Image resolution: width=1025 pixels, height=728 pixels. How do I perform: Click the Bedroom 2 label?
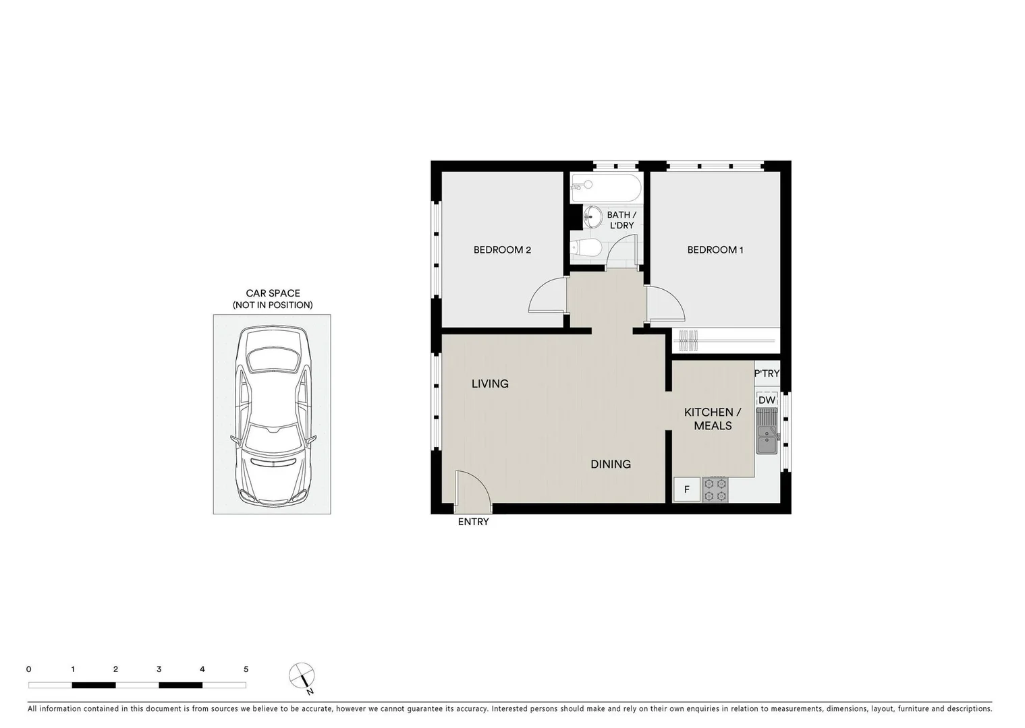tap(502, 250)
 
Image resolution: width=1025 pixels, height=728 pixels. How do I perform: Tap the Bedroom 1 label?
tap(715, 250)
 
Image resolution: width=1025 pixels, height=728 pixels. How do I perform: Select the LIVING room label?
tap(490, 384)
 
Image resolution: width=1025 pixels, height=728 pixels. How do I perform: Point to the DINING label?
tap(610, 464)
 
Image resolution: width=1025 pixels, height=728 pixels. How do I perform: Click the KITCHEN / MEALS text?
tap(713, 419)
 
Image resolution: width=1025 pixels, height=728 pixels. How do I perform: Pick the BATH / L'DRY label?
tap(621, 220)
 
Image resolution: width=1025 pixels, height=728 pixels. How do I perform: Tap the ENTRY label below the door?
tap(473, 522)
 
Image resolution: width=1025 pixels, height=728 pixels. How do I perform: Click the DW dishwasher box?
tap(767, 400)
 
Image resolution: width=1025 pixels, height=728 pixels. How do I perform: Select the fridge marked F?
tap(687, 489)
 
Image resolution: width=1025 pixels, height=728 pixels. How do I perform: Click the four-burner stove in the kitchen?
tap(715, 489)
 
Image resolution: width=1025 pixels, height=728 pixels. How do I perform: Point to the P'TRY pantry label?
tap(767, 373)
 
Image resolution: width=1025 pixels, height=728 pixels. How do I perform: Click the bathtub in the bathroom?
tap(605, 188)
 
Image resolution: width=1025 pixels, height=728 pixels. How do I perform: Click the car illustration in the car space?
tap(272, 415)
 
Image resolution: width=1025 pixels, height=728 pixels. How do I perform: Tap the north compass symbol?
tap(302, 675)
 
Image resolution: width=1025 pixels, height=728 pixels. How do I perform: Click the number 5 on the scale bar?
tap(246, 669)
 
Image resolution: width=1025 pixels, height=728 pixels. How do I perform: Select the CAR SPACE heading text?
tap(273, 293)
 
